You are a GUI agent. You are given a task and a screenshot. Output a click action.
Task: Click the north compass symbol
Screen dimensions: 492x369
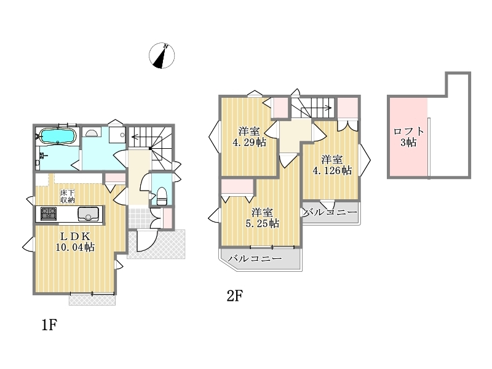tap(162, 56)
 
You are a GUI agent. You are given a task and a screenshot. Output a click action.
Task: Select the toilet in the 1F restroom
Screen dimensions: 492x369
tap(162, 196)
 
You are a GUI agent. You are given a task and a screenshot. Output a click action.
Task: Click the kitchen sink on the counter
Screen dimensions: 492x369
tap(88, 213)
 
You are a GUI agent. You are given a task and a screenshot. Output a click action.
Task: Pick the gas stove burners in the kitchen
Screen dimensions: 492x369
tap(49, 213)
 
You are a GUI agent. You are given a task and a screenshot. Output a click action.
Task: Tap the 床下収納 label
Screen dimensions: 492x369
tap(68, 196)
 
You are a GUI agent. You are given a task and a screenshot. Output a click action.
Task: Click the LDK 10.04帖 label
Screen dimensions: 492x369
tap(75, 241)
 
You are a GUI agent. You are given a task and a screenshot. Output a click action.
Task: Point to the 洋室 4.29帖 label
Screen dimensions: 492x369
tap(249, 137)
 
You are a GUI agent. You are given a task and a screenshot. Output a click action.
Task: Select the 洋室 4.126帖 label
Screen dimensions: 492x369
tap(332, 165)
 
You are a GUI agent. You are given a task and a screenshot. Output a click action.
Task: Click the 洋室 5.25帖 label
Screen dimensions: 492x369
tap(263, 218)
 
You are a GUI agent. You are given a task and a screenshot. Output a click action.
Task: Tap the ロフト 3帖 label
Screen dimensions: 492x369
tap(408, 137)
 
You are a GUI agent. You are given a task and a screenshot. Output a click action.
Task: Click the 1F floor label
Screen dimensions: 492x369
tap(49, 325)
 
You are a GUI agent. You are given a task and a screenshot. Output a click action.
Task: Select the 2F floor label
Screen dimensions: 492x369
tap(235, 295)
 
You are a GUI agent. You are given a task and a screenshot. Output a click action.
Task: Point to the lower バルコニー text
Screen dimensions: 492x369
tap(255, 259)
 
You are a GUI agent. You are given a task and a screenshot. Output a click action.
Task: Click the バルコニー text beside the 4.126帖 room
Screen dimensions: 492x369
tap(330, 212)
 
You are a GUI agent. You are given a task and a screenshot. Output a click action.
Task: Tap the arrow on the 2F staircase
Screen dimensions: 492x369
tap(316, 109)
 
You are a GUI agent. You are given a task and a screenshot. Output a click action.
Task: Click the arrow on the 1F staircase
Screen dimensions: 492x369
tap(141, 137)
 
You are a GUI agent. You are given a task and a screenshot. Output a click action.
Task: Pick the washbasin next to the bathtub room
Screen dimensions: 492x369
tap(92, 132)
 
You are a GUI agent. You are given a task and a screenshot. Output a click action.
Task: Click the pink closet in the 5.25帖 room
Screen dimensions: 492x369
tap(237, 186)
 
